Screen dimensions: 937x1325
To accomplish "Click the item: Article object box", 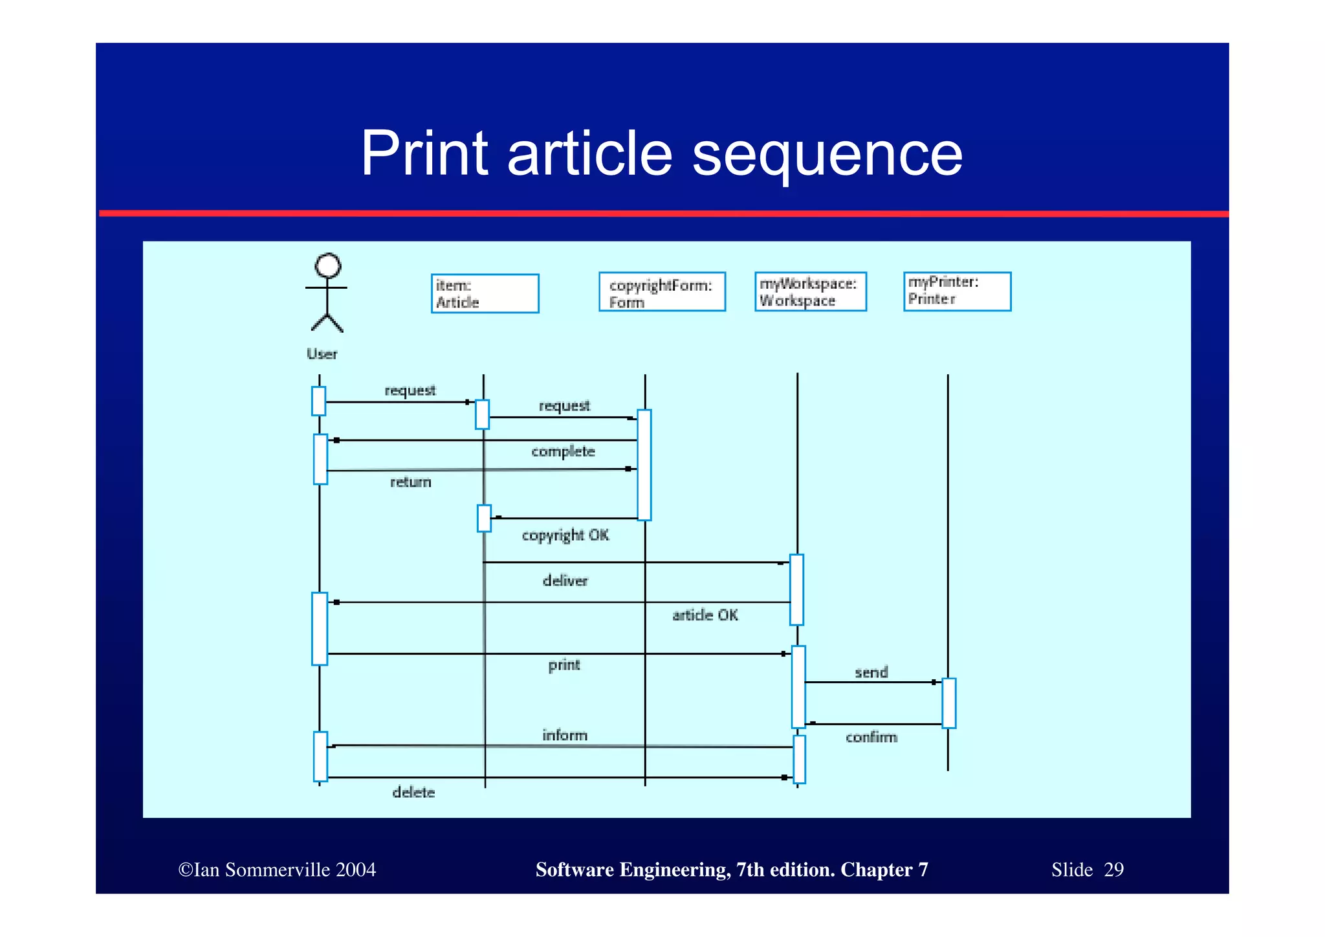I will click(x=485, y=293).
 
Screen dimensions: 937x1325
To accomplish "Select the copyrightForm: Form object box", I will click(x=662, y=292).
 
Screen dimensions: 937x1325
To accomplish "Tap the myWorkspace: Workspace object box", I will click(x=810, y=291).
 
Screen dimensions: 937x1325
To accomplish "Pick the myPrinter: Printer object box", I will click(x=957, y=291).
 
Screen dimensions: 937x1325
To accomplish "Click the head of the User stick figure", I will click(x=328, y=266).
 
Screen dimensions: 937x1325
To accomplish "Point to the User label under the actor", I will click(x=322, y=354).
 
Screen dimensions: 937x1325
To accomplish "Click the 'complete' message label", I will click(x=563, y=451).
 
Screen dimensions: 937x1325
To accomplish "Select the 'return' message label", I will click(x=410, y=482).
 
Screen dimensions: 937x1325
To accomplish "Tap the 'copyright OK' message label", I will click(x=565, y=535).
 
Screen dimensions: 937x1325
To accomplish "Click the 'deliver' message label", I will click(x=565, y=581).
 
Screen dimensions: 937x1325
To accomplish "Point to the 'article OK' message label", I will click(x=705, y=615).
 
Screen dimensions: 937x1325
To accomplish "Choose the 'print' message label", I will click(x=564, y=665).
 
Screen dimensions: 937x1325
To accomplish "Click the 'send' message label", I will click(x=871, y=673).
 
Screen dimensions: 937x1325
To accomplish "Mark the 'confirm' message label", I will click(x=871, y=737).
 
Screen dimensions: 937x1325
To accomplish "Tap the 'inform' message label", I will click(x=565, y=735).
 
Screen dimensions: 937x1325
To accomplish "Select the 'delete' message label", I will click(x=413, y=792).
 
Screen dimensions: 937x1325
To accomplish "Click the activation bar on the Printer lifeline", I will click(x=948, y=703).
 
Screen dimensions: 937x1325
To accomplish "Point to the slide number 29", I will click(x=1113, y=870).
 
